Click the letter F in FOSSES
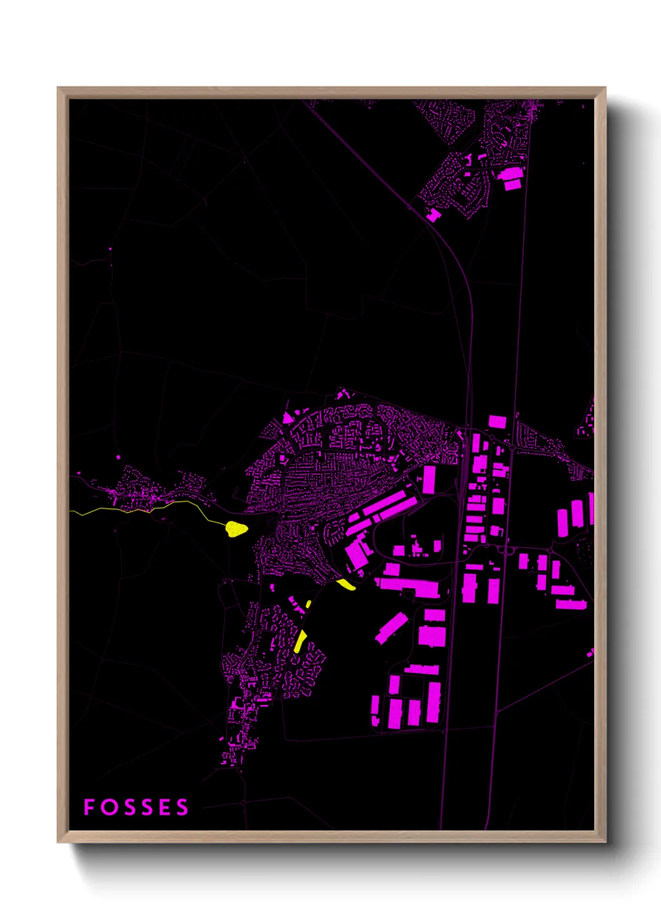(89, 807)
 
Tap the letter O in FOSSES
(109, 807)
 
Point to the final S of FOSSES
(182, 807)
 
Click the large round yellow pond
(236, 529)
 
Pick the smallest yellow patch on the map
(309, 604)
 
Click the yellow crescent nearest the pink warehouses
(346, 584)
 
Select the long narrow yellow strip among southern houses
(300, 641)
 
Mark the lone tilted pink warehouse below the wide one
(392, 627)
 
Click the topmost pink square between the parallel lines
(497, 421)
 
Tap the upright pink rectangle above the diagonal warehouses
(429, 479)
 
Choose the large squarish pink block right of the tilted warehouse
(432, 636)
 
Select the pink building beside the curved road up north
(433, 215)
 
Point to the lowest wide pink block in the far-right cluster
(571, 604)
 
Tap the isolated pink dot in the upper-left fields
(111, 248)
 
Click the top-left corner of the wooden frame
(59, 88)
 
